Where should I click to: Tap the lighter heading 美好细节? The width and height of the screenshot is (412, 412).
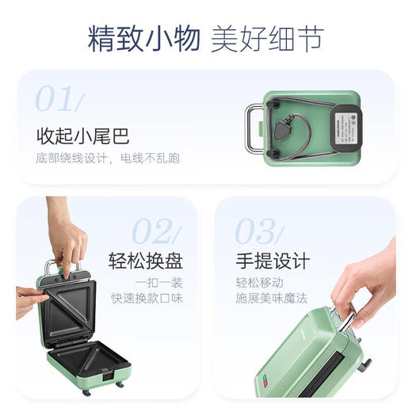(x=267, y=40)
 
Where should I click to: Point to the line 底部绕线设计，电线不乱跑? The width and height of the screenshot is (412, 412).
(x=108, y=158)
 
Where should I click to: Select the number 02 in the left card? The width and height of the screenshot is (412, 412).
(x=155, y=231)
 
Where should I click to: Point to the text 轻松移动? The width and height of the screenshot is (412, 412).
(x=258, y=283)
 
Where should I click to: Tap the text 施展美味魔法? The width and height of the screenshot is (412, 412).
(x=271, y=299)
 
